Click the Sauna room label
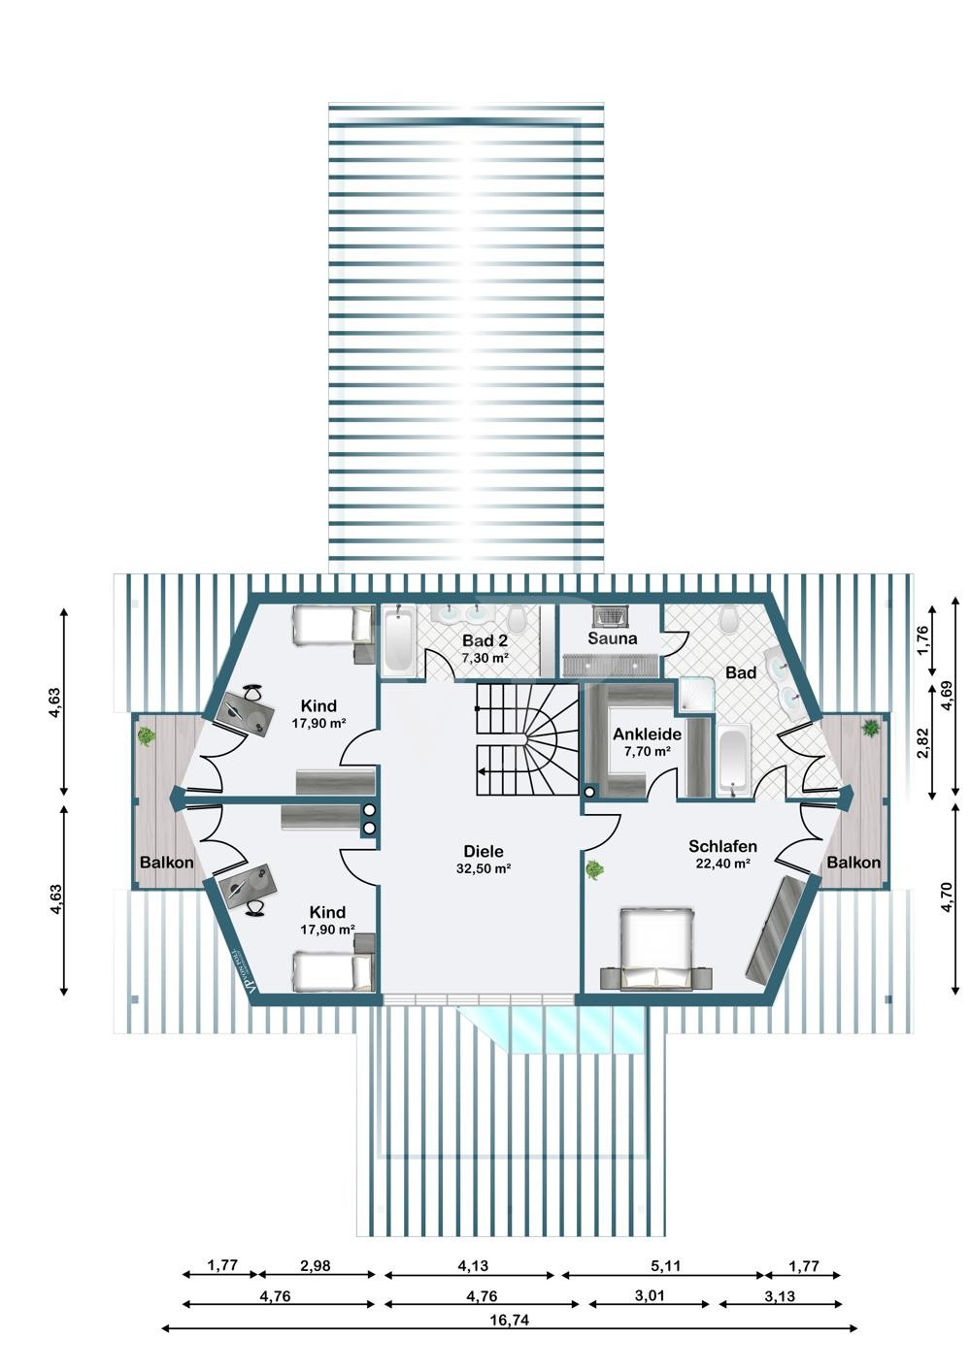tap(613, 638)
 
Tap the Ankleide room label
tap(647, 734)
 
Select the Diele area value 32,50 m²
tap(484, 869)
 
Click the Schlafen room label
tap(722, 846)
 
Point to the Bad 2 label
tap(485, 641)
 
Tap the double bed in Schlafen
tap(657, 949)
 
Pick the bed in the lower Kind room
tap(331, 970)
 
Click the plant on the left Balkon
tap(147, 736)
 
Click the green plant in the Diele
tap(592, 869)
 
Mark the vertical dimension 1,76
tap(923, 637)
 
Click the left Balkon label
tap(166, 863)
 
